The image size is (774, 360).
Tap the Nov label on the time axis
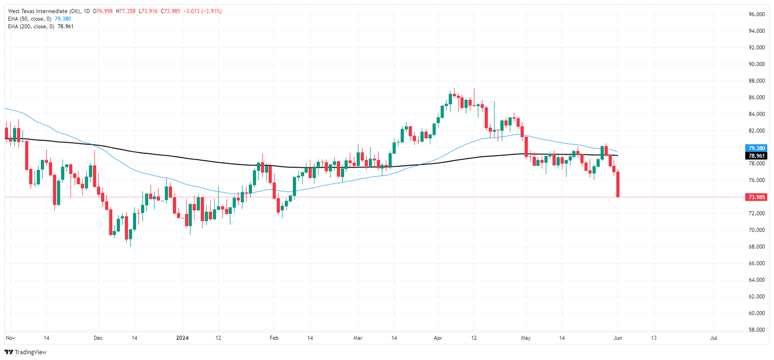(10, 338)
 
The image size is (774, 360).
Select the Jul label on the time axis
(714, 338)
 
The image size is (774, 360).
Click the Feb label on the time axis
(274, 338)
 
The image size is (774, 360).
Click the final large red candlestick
(618, 184)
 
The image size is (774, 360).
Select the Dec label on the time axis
(98, 338)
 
